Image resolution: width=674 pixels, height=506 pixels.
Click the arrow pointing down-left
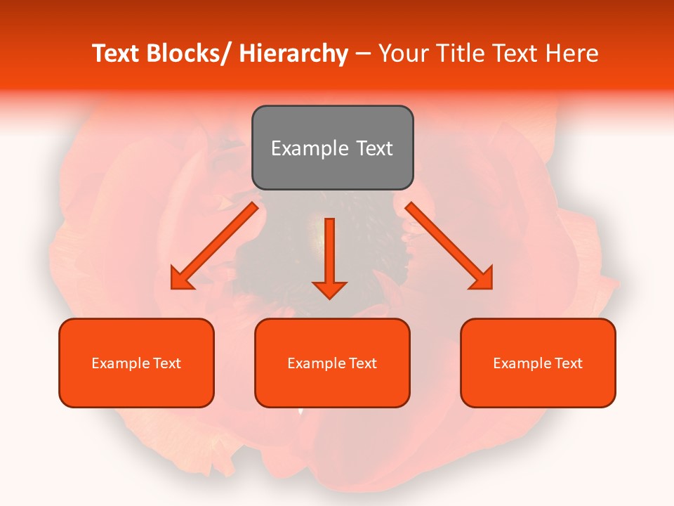214,246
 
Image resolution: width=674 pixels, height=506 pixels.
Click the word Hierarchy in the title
293,53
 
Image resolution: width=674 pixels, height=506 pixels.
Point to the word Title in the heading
458,53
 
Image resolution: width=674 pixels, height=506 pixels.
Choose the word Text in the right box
568,363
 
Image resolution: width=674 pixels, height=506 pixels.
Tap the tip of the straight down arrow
329,298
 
